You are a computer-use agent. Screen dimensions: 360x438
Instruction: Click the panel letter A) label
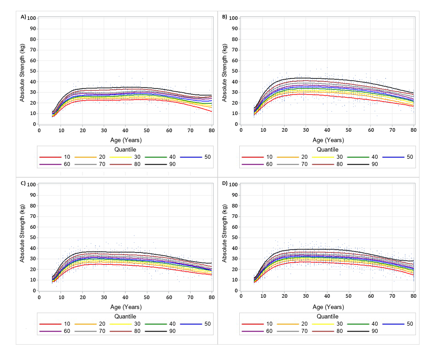23,17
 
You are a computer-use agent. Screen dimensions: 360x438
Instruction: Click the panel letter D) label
225,183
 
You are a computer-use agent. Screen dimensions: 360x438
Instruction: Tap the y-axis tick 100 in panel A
32,18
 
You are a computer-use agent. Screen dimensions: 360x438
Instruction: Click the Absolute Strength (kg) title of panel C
22,238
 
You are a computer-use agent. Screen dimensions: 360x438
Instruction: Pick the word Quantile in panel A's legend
125,149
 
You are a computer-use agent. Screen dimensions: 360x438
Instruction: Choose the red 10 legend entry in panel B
261,157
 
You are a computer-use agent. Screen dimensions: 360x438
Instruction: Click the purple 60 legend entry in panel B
261,165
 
